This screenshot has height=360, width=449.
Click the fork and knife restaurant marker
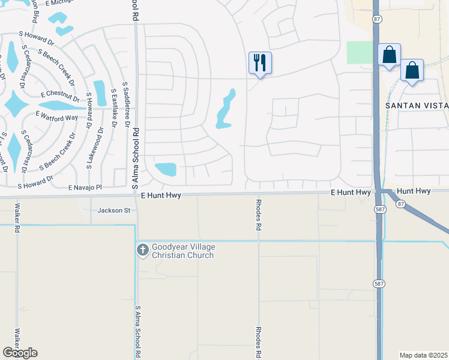260,62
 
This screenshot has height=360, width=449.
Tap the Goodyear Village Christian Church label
183,251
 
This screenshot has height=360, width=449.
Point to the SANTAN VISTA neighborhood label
417,106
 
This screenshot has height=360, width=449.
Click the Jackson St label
114,211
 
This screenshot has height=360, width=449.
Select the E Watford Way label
57,116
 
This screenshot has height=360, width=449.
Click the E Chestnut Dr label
60,95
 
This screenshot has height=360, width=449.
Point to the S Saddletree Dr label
126,105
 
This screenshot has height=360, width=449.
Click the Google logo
20,353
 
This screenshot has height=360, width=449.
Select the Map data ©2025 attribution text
423,355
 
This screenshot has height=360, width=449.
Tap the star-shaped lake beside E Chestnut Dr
16,106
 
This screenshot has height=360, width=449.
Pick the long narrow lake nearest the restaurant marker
226,109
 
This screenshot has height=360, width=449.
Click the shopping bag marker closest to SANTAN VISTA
412,71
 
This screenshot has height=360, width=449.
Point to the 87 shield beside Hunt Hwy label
400,204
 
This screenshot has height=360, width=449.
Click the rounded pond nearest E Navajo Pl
165,169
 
